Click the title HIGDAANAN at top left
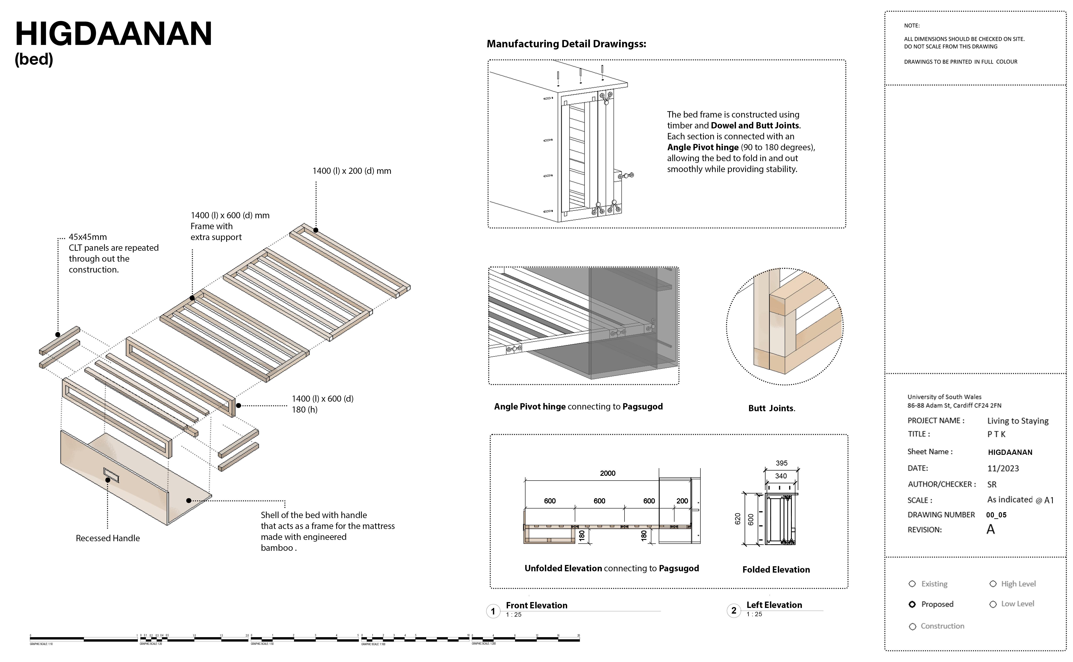coord(113,34)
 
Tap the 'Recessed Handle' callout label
coord(108,538)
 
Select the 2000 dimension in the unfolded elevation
coord(608,473)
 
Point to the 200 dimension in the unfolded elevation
coord(682,501)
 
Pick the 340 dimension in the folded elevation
coord(781,476)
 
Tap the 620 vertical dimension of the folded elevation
coord(738,519)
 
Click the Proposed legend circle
coord(912,604)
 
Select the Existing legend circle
coord(912,584)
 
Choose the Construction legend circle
coord(913,626)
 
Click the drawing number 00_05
coord(996,515)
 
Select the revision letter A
coord(991,530)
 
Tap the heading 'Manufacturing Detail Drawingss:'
coord(566,44)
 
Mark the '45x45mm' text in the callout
coord(88,237)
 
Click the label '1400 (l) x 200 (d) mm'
coord(352,171)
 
